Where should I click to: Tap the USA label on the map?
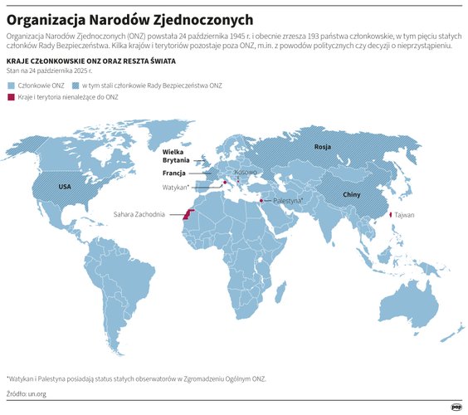point(65,188)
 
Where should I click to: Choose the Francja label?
point(173,173)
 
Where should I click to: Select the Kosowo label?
point(246,172)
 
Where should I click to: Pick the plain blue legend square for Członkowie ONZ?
point(10,85)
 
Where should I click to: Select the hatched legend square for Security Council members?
point(76,85)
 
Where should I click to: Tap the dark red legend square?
point(10,98)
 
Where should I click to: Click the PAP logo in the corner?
point(456,406)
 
